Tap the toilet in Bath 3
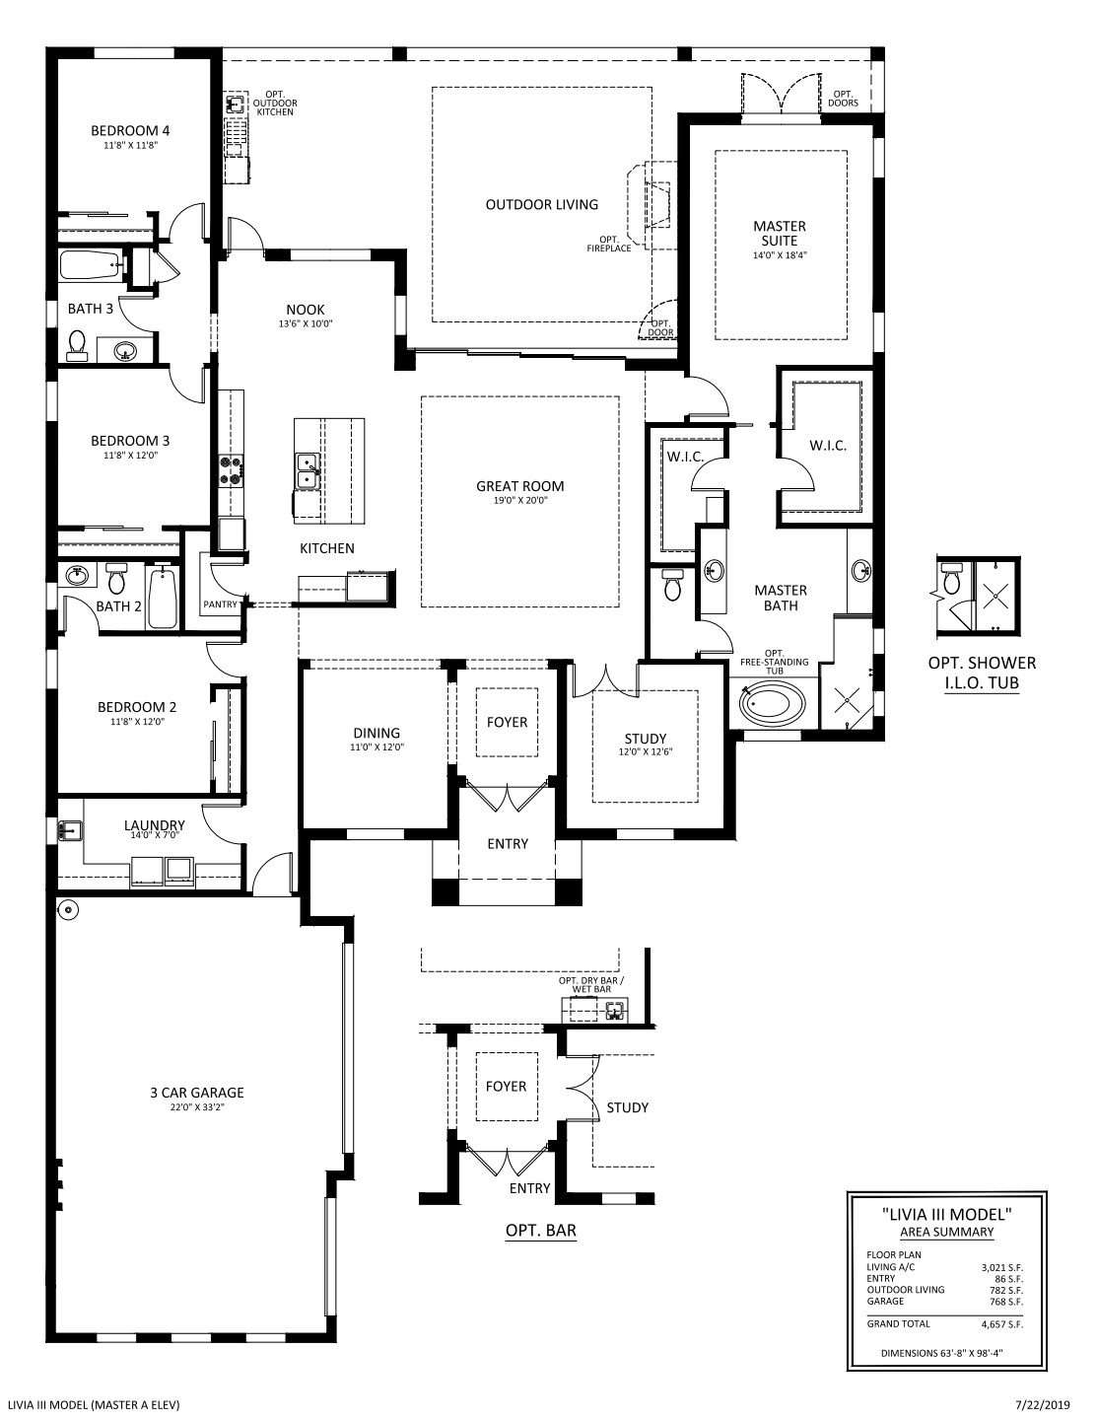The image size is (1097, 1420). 77,344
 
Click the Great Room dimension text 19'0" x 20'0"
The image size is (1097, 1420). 520,501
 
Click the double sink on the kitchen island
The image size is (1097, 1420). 308,471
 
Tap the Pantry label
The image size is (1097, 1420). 220,604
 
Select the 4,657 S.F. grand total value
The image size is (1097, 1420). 1002,1324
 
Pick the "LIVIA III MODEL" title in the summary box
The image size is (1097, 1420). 947,1215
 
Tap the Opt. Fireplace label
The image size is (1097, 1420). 609,244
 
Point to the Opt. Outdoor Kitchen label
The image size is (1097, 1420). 275,104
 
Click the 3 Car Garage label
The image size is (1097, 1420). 197,1093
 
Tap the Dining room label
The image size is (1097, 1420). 377,734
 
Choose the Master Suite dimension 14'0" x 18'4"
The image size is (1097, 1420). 781,255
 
